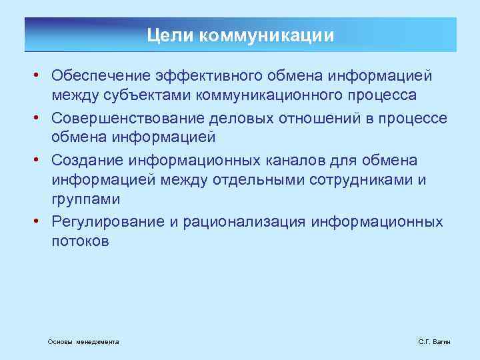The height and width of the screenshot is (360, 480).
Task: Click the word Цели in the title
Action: pyautogui.click(x=163, y=35)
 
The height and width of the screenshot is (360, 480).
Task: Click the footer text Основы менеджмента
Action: pyautogui.click(x=83, y=341)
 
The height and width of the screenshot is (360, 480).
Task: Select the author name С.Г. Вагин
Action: pyautogui.click(x=434, y=341)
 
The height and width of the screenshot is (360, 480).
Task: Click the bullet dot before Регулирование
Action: pyautogui.click(x=41, y=221)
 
